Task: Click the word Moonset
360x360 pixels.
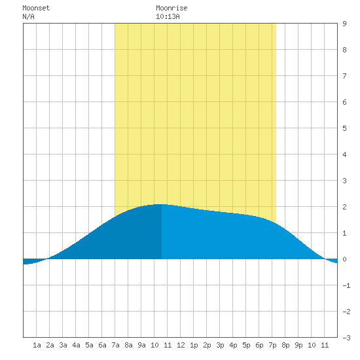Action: pyautogui.click(x=36, y=8)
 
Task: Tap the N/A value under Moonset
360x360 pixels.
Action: pyautogui.click(x=28, y=16)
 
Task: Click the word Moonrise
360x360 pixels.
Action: pyautogui.click(x=171, y=8)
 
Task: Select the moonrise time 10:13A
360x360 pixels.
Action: pyautogui.click(x=168, y=16)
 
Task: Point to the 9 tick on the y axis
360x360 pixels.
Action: pyautogui.click(x=344, y=24)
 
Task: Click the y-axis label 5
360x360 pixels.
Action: pyautogui.click(x=344, y=128)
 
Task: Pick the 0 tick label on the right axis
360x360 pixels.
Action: pyautogui.click(x=344, y=259)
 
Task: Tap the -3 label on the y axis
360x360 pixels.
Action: pyautogui.click(x=346, y=338)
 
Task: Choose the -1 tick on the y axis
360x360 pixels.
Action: pyautogui.click(x=346, y=285)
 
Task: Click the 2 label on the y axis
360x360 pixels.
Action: pyautogui.click(x=344, y=207)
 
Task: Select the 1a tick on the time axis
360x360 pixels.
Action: pyautogui.click(x=37, y=345)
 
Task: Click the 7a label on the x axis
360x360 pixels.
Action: pyautogui.click(x=115, y=345)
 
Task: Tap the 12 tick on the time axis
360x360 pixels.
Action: pyautogui.click(x=181, y=345)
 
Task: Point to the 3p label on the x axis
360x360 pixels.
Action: pyautogui.click(x=220, y=345)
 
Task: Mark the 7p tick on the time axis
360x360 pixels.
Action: pyautogui.click(x=272, y=345)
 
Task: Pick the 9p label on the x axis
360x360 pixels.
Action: pyautogui.click(x=298, y=345)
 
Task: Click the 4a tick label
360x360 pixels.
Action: pyautogui.click(x=76, y=345)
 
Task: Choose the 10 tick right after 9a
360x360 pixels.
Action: pyautogui.click(x=154, y=345)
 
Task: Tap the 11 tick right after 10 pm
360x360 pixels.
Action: pyautogui.click(x=325, y=345)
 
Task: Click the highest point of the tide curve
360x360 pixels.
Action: pyautogui.click(x=162, y=204)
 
